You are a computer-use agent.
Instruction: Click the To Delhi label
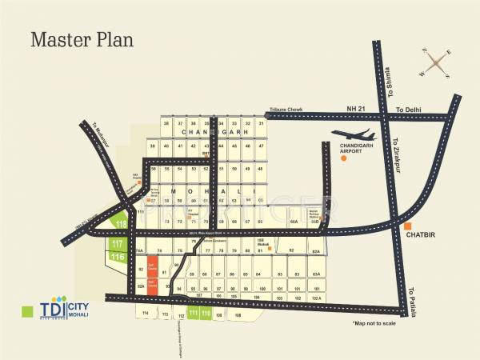pyautogui.click(x=410, y=108)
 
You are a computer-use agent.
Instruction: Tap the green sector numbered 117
pyautogui.click(x=117, y=243)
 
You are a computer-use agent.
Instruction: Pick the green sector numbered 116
pyautogui.click(x=118, y=256)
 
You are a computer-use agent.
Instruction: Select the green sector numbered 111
pyautogui.click(x=194, y=313)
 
